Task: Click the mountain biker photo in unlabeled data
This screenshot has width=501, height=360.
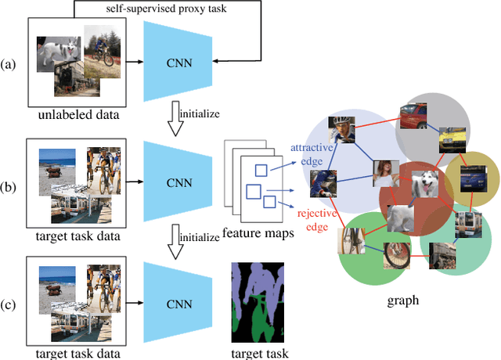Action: click(101, 49)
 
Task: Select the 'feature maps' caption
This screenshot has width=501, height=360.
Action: click(254, 233)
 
